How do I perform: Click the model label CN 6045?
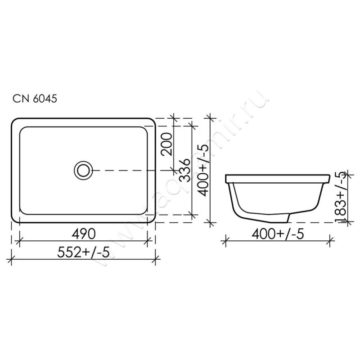[x=35, y=99]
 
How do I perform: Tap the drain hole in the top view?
[x=83, y=171]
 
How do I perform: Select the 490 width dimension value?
[x=83, y=234]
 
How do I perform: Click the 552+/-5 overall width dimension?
[x=83, y=252]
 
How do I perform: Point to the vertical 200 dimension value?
[x=167, y=144]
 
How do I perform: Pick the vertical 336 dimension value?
[x=184, y=171]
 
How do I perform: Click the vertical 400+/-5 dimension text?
[x=203, y=170]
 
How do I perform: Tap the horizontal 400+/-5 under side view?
[x=278, y=234]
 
